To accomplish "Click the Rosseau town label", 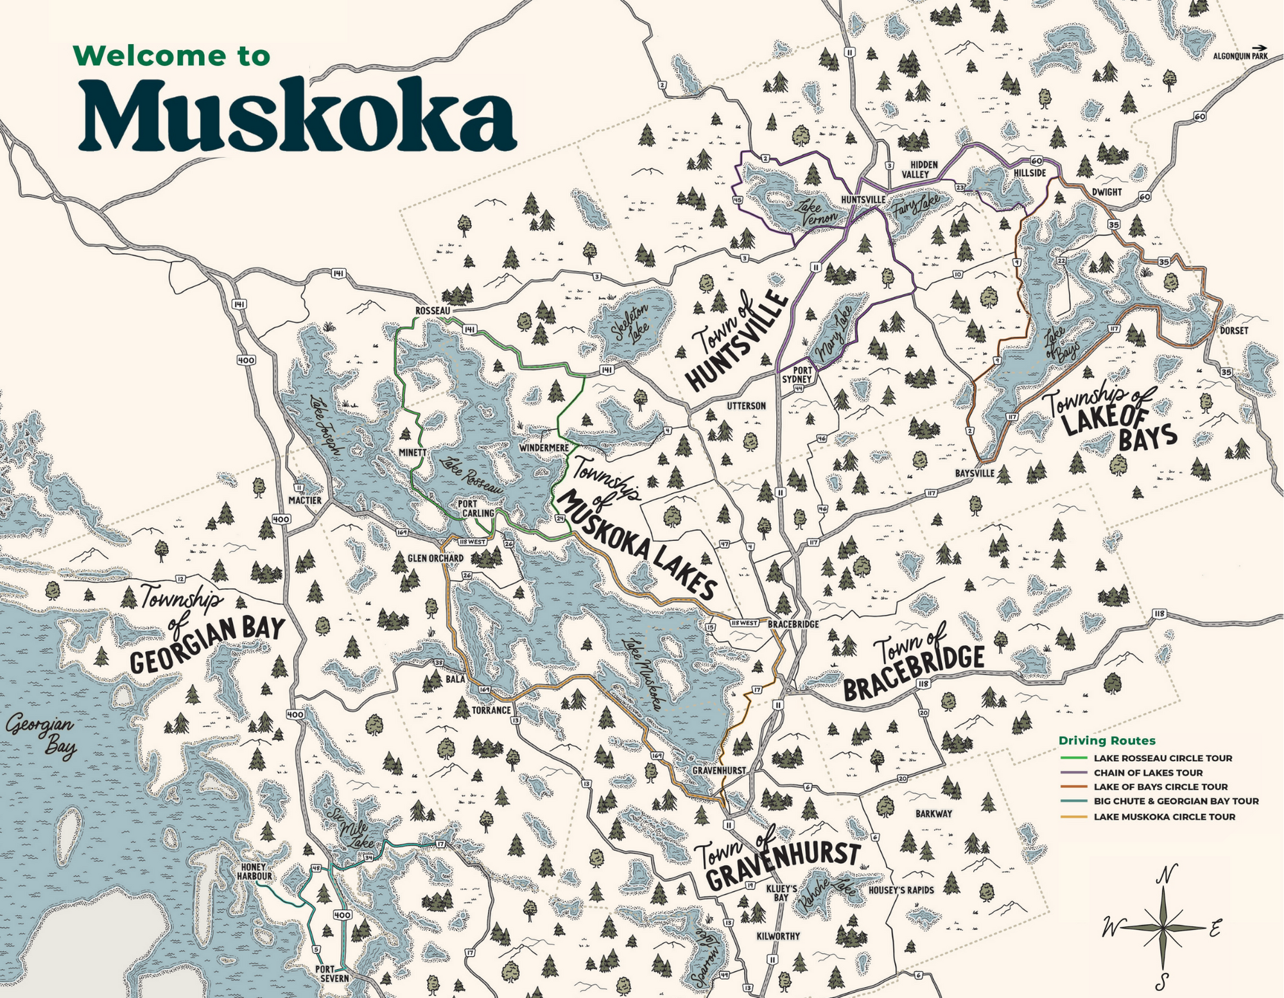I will [433, 311].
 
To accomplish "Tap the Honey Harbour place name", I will [254, 872].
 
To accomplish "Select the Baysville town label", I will [975, 473].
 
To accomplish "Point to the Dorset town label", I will [1234, 331].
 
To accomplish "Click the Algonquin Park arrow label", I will [1240, 56].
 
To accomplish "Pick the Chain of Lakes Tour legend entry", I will [1148, 773].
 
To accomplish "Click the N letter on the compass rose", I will [1167, 873].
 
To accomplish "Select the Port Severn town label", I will [333, 974].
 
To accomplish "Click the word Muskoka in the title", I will [297, 116].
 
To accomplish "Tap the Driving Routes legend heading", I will [1107, 741].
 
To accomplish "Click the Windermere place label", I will [543, 447].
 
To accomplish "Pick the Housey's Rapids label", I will [901, 890].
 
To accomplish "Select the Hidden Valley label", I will [923, 169].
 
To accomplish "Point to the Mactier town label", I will [304, 500].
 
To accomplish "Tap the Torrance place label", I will [491, 710].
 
